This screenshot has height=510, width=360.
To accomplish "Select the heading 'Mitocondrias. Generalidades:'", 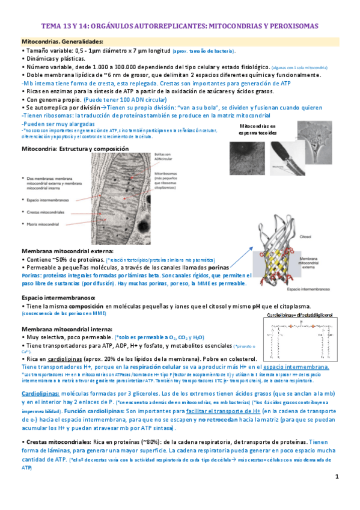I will tap(62, 41).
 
